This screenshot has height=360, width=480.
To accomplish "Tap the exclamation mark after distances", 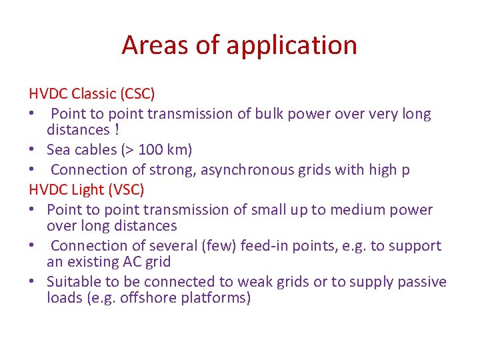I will pos(117,130).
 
